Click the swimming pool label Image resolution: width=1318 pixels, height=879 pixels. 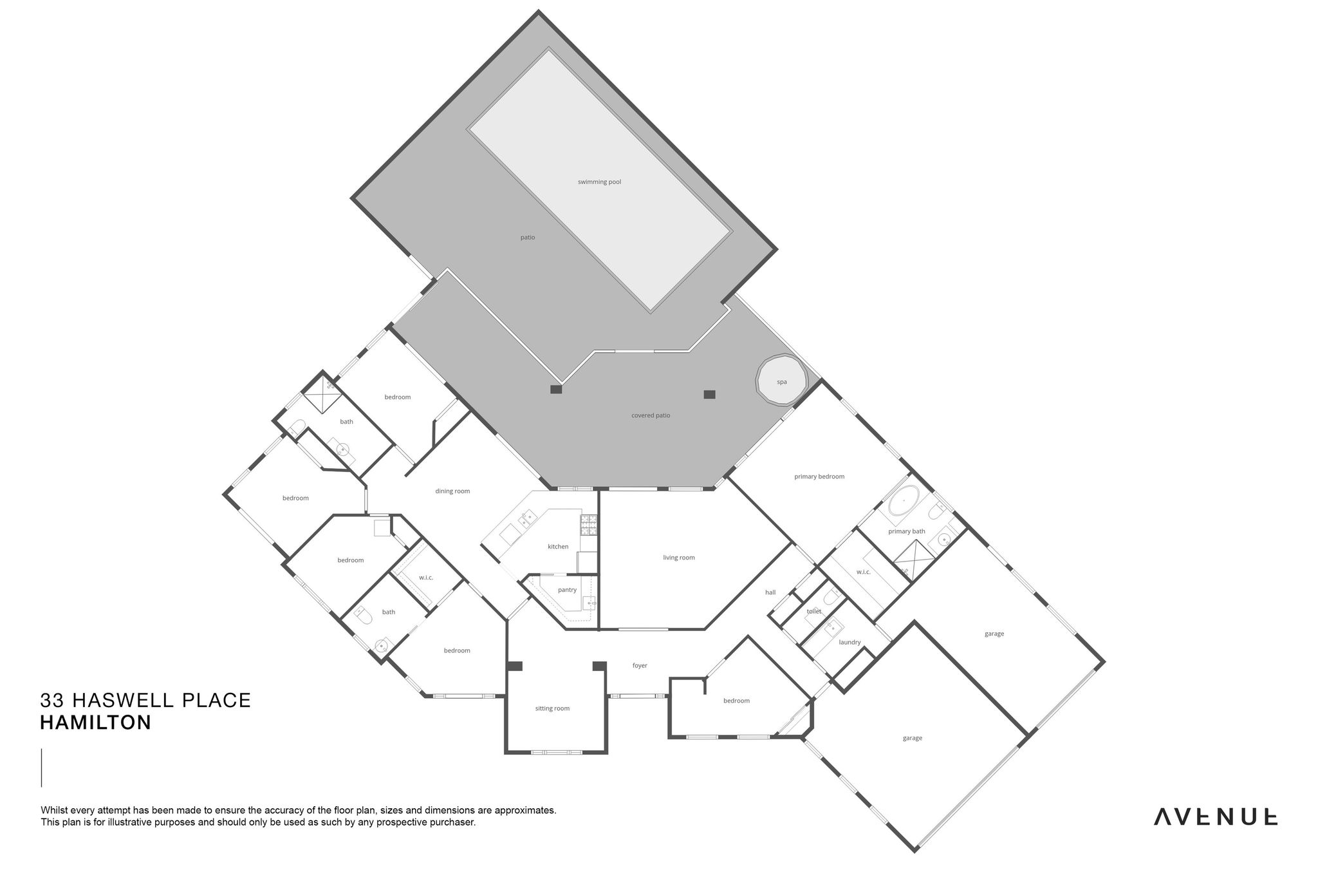coord(599,182)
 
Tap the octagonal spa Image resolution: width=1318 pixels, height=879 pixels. coord(781,381)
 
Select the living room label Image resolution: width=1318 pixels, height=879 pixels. coord(679,558)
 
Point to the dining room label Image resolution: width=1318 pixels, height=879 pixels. coord(452,491)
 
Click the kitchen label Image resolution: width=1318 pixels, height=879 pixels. coord(558,547)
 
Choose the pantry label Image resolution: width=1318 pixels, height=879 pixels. coord(567,590)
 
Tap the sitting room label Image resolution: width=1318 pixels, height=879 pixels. coord(552,708)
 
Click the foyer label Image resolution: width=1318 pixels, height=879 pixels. coord(639,666)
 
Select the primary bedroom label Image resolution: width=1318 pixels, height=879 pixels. coord(819,477)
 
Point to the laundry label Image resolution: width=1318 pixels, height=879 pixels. coord(849,642)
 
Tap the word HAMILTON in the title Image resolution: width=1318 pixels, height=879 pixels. coord(95,723)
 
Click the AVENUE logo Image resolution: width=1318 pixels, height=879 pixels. coord(1215,817)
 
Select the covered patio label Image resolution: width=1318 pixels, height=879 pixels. coord(651,415)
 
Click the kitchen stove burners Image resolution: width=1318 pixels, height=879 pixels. coord(589,525)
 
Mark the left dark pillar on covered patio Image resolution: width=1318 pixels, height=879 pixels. coord(556,389)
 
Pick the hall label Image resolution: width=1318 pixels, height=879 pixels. coord(770,592)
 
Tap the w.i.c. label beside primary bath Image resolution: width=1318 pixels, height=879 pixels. coord(863,572)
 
